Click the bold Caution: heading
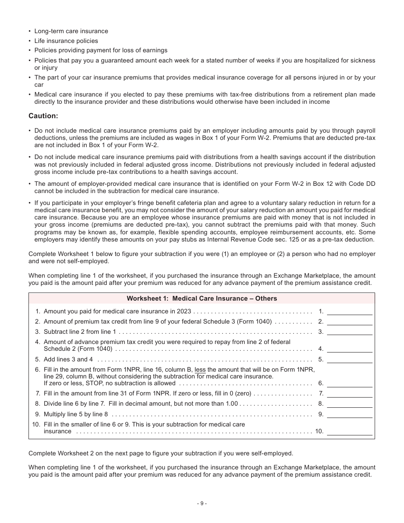coord(43,116)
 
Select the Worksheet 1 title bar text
coord(202,298)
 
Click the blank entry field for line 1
coord(350,312)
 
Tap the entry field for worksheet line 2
coord(350,322)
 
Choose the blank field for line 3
coord(350,332)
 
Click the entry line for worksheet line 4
coord(350,349)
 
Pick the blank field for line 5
coord(350,360)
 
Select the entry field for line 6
coord(350,384)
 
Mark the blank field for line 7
coord(350,394)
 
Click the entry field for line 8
coord(350,404)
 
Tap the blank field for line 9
coord(350,414)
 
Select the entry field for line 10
coord(350,432)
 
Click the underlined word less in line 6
coord(200,370)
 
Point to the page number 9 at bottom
coord(202,503)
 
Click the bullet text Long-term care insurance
coord(71,31)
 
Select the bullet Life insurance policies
coord(66,41)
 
